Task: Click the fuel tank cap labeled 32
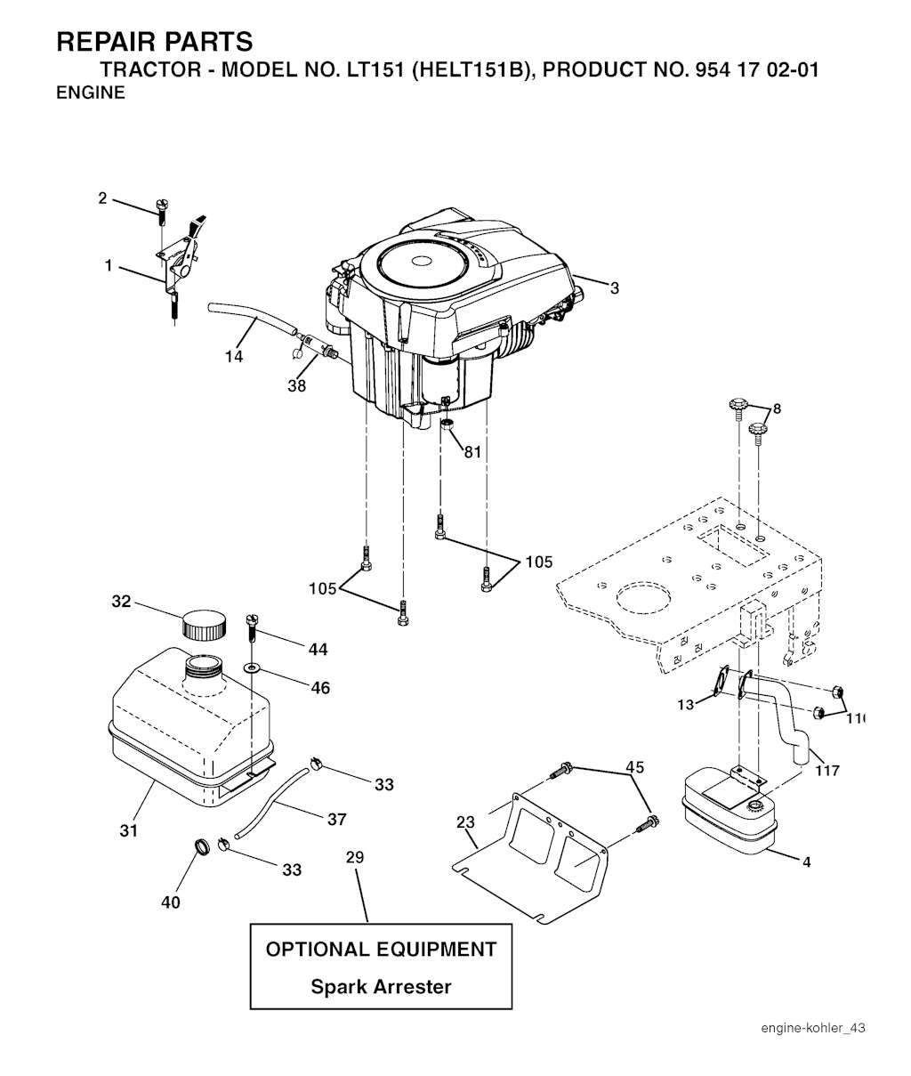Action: point(204,624)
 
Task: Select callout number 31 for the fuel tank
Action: point(129,831)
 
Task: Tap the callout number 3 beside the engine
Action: point(614,288)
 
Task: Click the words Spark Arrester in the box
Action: point(381,987)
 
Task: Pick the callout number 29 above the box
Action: point(355,858)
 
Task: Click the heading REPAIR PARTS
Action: point(154,42)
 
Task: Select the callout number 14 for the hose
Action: point(234,356)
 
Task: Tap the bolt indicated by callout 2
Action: point(161,210)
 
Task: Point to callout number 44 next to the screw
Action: point(318,651)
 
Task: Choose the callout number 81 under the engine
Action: point(472,452)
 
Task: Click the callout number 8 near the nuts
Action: point(777,409)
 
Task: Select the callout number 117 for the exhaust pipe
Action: point(827,771)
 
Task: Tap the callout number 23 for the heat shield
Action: point(465,823)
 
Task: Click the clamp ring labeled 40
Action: point(203,846)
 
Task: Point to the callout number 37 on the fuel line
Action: point(336,820)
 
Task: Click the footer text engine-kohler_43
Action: point(812,1029)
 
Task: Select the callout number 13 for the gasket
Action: point(685,705)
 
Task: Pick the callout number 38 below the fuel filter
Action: point(296,386)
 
